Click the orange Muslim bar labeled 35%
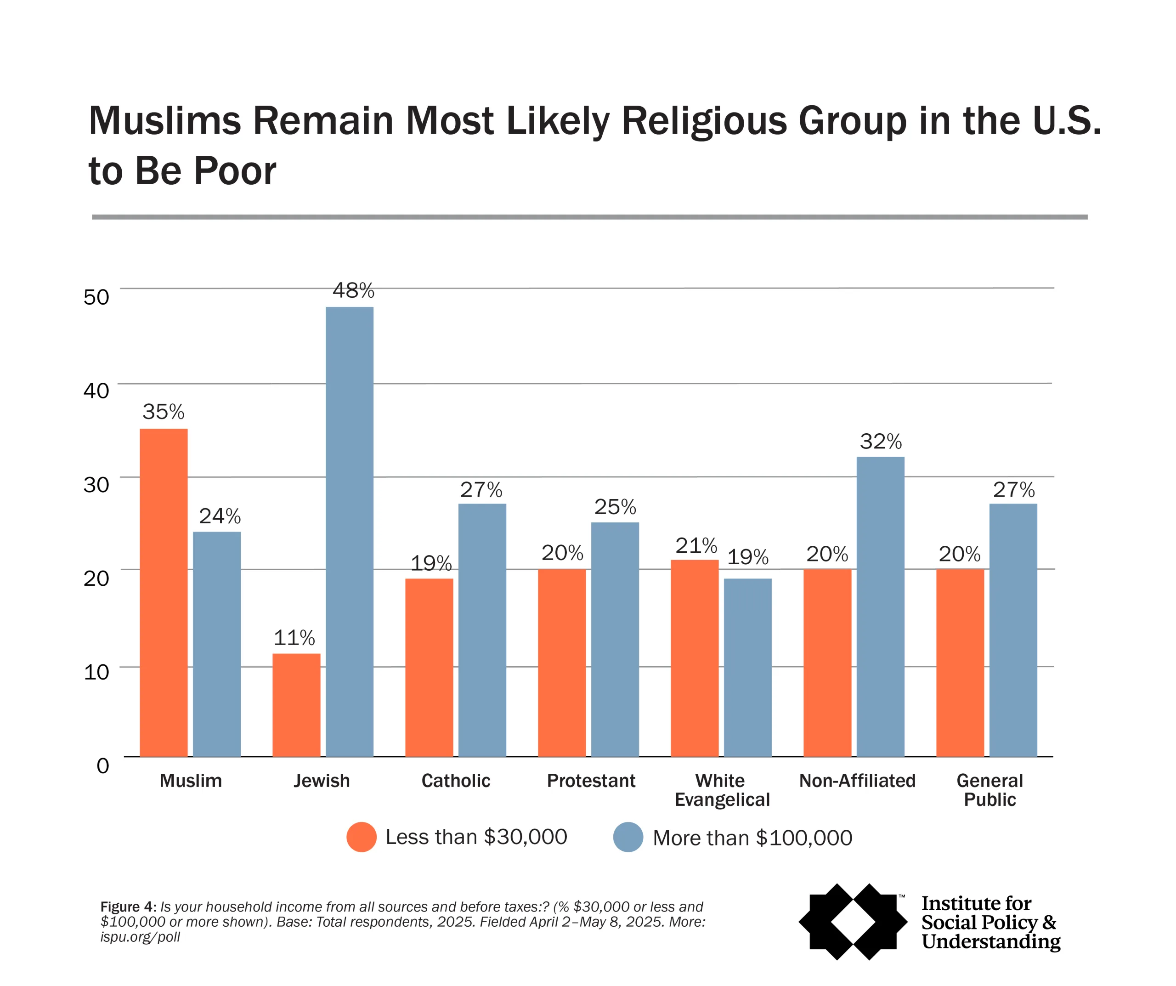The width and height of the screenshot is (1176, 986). (x=164, y=592)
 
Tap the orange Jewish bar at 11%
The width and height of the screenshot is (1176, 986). (x=296, y=705)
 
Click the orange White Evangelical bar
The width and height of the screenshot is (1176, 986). (x=695, y=658)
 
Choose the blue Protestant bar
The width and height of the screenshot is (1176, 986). (x=615, y=639)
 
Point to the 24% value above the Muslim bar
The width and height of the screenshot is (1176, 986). (x=220, y=516)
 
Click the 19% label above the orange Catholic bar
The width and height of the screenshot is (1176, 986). (x=430, y=563)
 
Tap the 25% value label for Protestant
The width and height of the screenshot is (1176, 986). (x=615, y=507)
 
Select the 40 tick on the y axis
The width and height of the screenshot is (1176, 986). (x=96, y=391)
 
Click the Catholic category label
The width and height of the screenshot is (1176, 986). (x=455, y=781)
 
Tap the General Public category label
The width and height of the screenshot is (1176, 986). (x=989, y=790)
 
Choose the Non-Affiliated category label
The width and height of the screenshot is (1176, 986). (x=857, y=781)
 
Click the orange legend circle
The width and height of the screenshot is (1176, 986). (x=361, y=837)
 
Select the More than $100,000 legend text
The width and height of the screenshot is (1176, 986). (x=752, y=838)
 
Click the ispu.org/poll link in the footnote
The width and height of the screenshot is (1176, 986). (x=140, y=937)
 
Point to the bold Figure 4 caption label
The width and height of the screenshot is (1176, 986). (x=128, y=907)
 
